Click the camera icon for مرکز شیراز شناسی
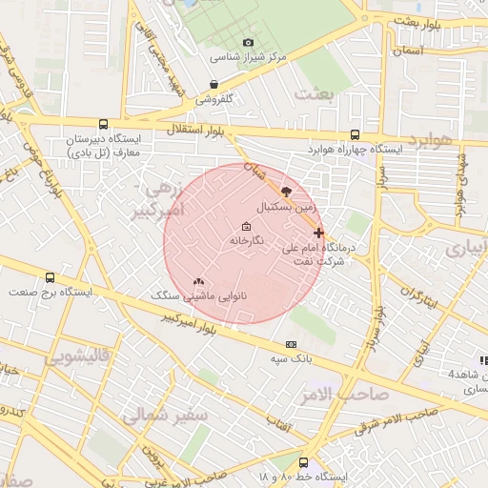pyautogui.click(x=249, y=42)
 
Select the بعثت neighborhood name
pyautogui.click(x=317, y=93)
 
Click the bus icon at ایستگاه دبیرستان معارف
pyautogui.click(x=103, y=124)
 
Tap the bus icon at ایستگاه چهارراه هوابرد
pyautogui.click(x=355, y=135)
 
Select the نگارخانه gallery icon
pyautogui.click(x=247, y=226)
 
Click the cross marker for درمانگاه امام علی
pyautogui.click(x=318, y=232)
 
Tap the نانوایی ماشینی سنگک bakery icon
pyautogui.click(x=198, y=282)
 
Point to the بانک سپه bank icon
pyautogui.click(x=291, y=344)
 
